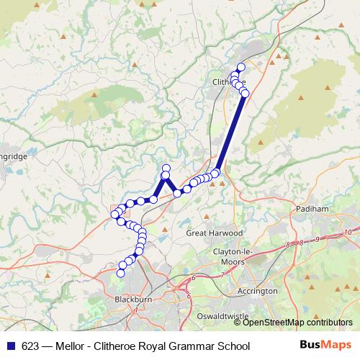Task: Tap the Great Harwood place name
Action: coord(210,233)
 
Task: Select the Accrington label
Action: coord(257,291)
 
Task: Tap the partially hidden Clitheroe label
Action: coord(229,82)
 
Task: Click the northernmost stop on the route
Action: coord(240,67)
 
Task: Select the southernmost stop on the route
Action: coord(122,273)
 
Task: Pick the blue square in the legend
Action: coord(10,346)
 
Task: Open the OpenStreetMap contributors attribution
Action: coord(302,323)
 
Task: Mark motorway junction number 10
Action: coord(347,232)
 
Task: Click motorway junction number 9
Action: coord(317,239)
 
